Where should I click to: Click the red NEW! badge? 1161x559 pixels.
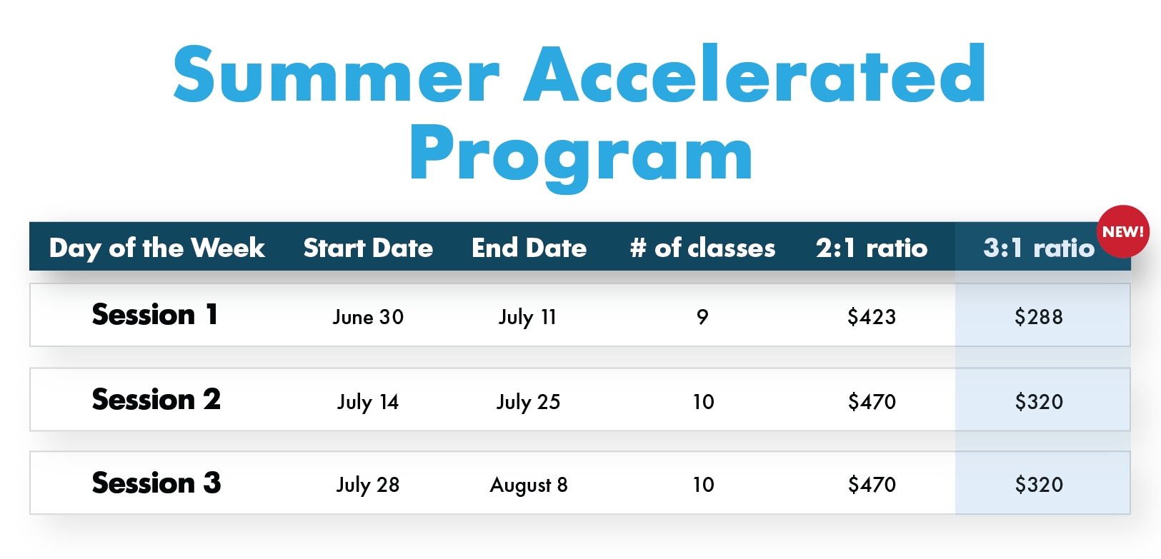point(1122,231)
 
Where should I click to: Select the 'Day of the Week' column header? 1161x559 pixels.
point(156,248)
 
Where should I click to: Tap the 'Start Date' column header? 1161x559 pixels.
point(368,248)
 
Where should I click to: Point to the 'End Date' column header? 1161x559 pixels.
point(529,248)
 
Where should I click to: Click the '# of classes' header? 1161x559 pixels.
point(702,248)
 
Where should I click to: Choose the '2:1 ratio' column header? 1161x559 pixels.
point(872,248)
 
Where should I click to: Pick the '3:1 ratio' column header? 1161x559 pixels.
point(1039,248)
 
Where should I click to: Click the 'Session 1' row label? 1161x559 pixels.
point(155,314)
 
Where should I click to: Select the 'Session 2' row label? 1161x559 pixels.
point(156,399)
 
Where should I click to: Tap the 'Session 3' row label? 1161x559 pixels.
point(156,483)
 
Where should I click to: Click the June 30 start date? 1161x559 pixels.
point(368,317)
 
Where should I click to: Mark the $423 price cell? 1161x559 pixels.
point(872,316)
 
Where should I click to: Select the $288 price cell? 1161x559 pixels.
point(1039,316)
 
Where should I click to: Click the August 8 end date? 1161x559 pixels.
point(529,485)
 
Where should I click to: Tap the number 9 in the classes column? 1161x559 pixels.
point(702,317)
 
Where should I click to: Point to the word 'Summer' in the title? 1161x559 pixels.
point(337,74)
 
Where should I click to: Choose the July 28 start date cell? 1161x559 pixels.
point(368,485)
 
